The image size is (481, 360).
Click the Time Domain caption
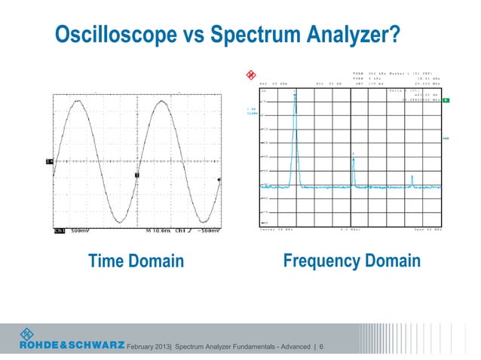(136, 261)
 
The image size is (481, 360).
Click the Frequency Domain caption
(351, 261)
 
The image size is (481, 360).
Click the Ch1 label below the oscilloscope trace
(59, 232)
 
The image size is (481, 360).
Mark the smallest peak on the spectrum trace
(412, 178)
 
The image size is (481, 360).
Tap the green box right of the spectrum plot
(446, 100)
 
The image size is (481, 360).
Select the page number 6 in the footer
(322, 346)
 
